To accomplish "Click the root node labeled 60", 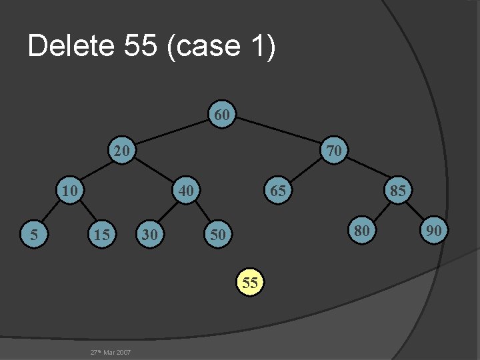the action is [x=223, y=115].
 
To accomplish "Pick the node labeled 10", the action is [x=68, y=190].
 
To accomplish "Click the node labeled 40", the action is [x=186, y=190].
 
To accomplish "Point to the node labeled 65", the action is [x=277, y=190].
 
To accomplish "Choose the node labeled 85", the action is [x=398, y=190].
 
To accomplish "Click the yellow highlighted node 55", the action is [x=250, y=282].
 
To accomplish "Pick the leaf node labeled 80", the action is [x=361, y=231].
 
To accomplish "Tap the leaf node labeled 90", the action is [x=434, y=231].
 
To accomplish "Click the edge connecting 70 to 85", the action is [x=367, y=170].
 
